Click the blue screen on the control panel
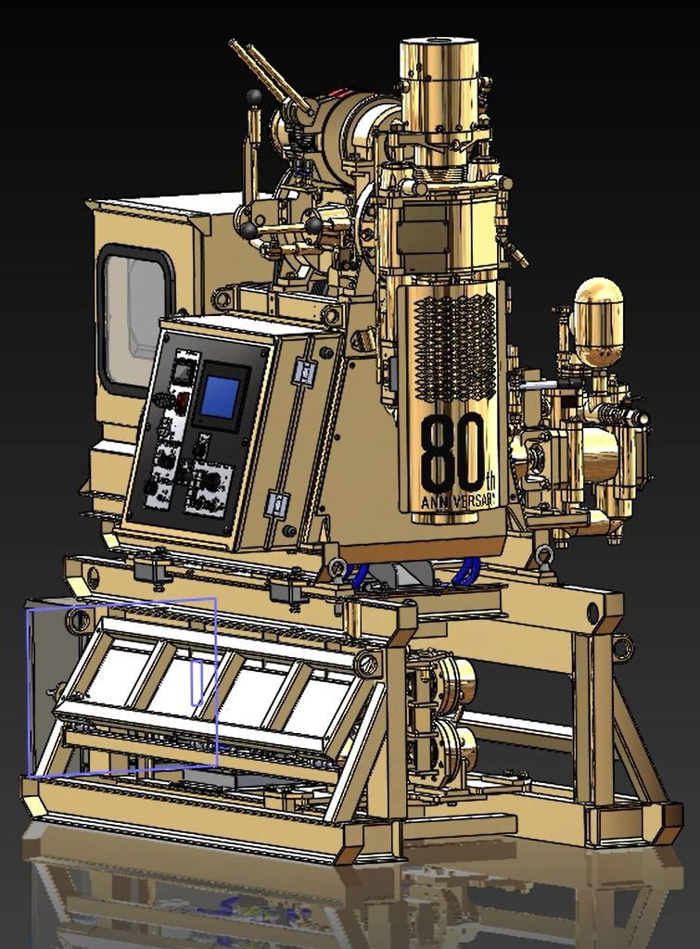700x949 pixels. click(x=219, y=398)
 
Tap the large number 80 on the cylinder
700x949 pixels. click(x=452, y=452)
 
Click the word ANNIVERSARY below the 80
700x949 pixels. click(x=458, y=501)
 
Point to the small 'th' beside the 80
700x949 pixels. click(x=491, y=482)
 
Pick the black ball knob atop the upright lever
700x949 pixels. click(x=254, y=96)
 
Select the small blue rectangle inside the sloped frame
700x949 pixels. click(x=197, y=683)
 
